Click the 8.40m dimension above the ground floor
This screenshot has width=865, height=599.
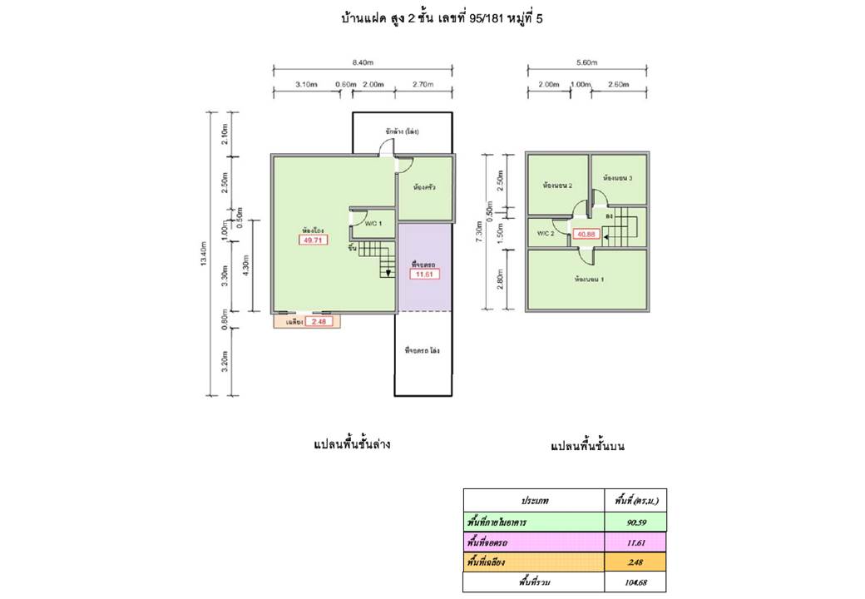tap(362, 61)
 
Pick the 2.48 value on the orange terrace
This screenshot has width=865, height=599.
tap(317, 322)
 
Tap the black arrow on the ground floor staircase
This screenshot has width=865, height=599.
tap(388, 273)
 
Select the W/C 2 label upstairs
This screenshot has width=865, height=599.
tap(546, 233)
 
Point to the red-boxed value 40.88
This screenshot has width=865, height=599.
tap(587, 235)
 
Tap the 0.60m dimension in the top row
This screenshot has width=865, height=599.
tap(345, 85)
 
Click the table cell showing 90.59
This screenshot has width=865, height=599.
tap(635, 522)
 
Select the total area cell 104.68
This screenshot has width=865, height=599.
tap(635, 582)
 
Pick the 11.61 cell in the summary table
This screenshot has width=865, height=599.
tap(635, 542)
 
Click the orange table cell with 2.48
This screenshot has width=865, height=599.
tap(635, 562)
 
